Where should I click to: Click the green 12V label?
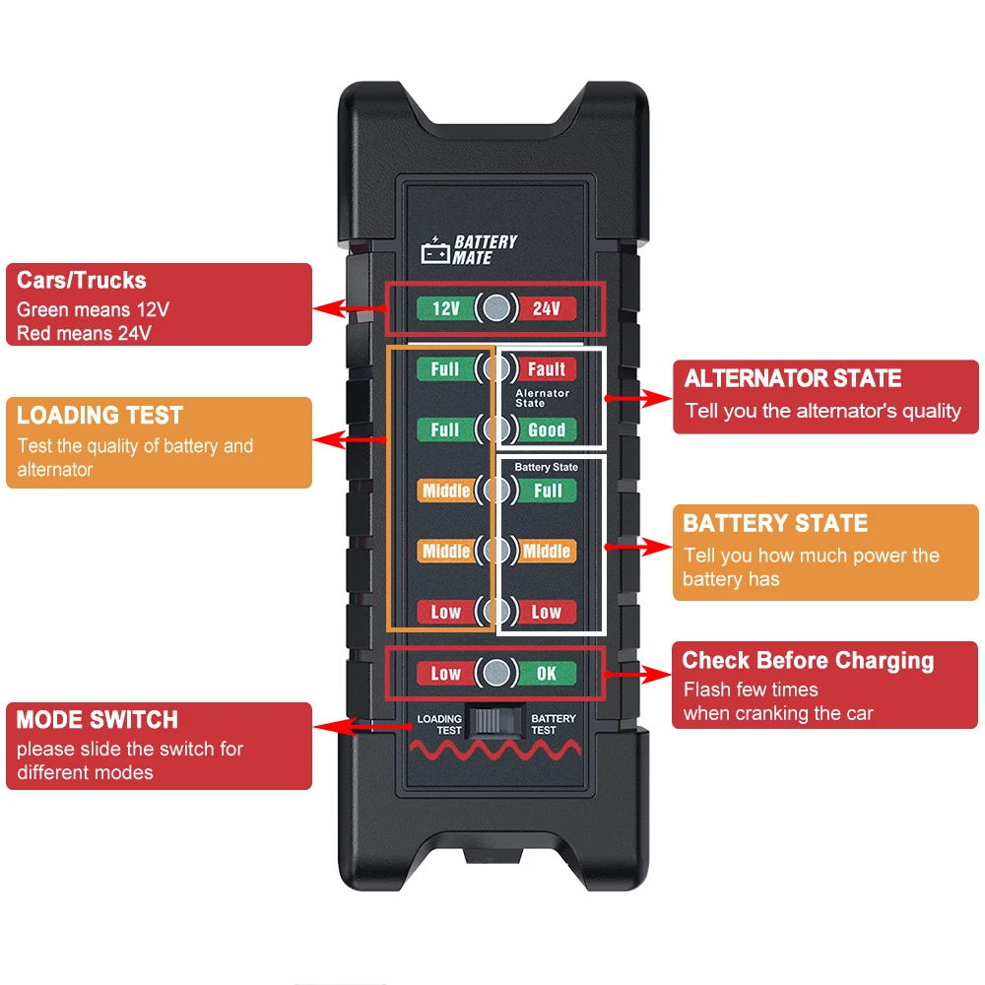[x=445, y=308]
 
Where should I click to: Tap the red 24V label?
[x=547, y=308]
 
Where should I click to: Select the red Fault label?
[x=547, y=369]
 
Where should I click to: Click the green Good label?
[x=547, y=429]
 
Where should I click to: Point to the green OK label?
[x=547, y=674]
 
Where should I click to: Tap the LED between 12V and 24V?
[x=496, y=308]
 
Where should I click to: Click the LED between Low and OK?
[x=496, y=674]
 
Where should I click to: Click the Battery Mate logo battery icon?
[x=434, y=252]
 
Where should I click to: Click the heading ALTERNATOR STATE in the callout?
[x=793, y=379]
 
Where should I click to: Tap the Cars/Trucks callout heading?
[x=81, y=281]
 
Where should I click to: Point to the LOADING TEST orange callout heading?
[x=99, y=416]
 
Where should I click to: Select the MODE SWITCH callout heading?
[x=97, y=720]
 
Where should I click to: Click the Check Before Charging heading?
[x=808, y=661]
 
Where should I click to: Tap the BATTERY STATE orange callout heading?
[x=775, y=524]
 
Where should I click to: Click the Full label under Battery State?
[x=547, y=491]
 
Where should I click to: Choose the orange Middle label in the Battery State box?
[x=547, y=551]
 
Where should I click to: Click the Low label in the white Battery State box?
[x=547, y=612]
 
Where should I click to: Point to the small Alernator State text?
[x=543, y=398]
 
